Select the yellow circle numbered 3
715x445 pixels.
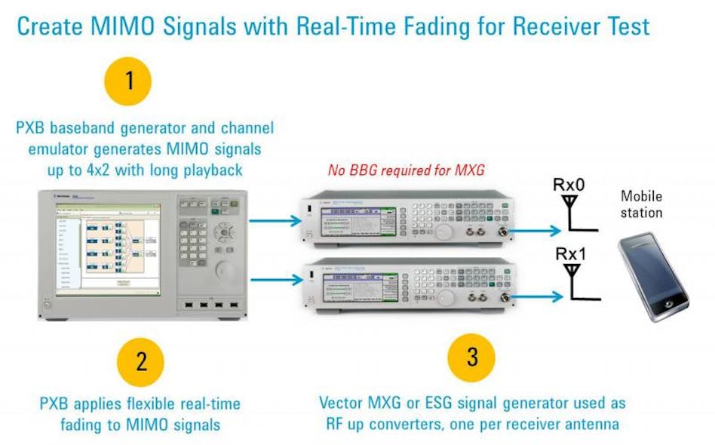point(471,356)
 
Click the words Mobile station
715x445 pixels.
point(641,204)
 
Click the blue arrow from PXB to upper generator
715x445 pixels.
point(275,220)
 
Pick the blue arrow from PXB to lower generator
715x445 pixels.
point(275,281)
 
